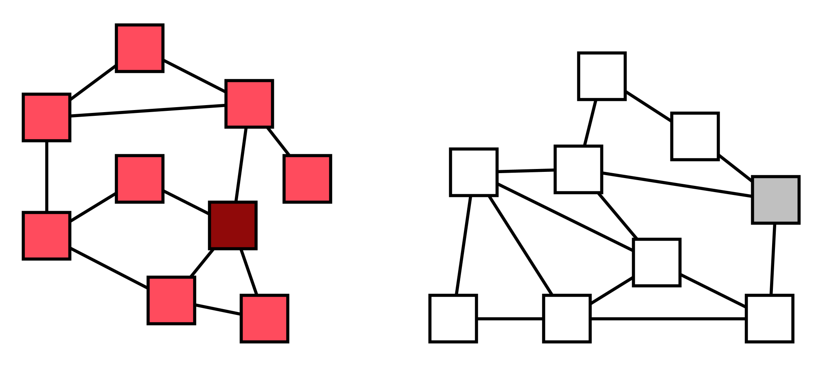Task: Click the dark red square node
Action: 233,225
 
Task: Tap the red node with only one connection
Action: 307,179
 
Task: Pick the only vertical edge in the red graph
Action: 47,176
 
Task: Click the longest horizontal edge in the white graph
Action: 668,319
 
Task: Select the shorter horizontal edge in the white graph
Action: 510,319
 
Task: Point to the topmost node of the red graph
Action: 140,48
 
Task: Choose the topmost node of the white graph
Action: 602,76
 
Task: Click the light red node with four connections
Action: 249,104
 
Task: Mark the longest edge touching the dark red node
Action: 241,165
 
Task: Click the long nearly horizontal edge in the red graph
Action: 147,111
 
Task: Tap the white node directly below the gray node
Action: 769,319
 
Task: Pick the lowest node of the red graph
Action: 264,319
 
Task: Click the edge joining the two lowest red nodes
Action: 218,310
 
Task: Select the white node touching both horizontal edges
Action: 567,319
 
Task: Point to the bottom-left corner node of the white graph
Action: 453,319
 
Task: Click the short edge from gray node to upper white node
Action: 735,168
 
